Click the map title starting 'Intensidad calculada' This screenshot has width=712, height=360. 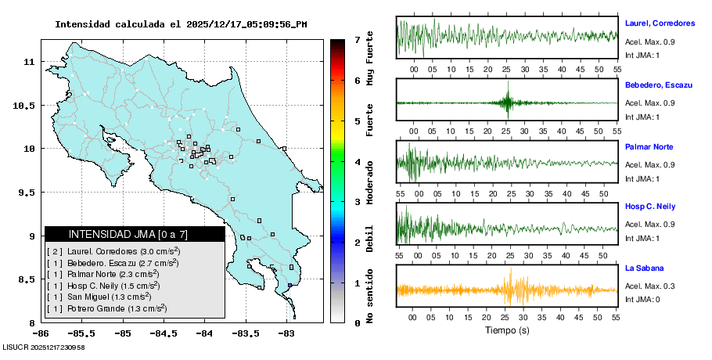(x=181, y=24)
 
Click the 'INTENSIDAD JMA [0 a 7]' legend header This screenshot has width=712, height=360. (x=128, y=234)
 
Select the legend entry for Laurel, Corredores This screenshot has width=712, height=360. (x=113, y=251)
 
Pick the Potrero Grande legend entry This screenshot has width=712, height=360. (x=106, y=309)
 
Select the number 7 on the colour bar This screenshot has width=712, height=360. (x=357, y=39)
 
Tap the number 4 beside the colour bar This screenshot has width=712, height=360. (x=357, y=161)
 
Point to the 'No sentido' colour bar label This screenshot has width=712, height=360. (x=370, y=295)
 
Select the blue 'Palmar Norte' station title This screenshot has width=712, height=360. (x=649, y=146)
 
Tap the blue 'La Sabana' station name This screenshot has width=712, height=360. (x=643, y=268)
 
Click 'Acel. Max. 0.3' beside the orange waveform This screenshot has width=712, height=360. (x=649, y=286)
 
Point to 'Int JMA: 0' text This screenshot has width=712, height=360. (x=642, y=300)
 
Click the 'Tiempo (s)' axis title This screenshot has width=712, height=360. (x=508, y=331)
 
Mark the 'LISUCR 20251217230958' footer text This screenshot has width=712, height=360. (x=44, y=347)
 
